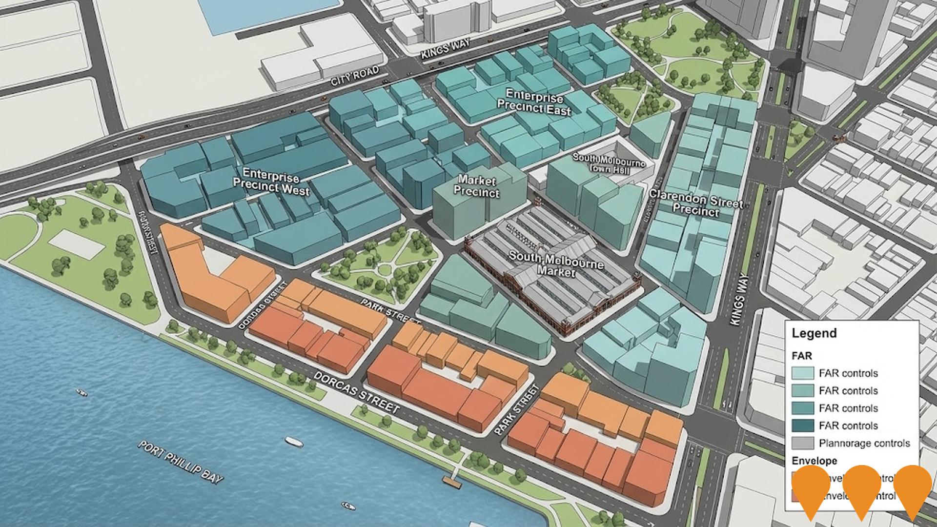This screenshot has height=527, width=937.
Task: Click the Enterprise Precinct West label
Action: coord(271,181)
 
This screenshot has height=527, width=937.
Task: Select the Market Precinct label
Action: coord(476,187)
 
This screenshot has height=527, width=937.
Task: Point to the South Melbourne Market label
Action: coord(556,263)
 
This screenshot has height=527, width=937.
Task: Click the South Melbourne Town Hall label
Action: coord(609,164)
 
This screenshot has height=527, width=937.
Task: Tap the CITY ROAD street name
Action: coord(355,76)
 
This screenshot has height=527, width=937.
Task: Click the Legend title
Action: coord(814,334)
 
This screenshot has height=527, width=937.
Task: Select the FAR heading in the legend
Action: coord(802,356)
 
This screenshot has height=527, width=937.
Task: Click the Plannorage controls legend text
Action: coord(864,444)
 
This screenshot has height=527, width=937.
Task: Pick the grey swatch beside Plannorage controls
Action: coord(802,443)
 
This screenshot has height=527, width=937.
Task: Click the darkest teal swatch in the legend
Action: coord(802,426)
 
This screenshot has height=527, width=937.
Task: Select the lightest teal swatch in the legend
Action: coord(802,373)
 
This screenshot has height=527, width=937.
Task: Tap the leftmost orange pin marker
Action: coord(811,488)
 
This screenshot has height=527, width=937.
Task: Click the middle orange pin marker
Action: coord(862,488)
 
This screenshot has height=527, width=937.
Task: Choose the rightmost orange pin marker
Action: coord(913,488)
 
